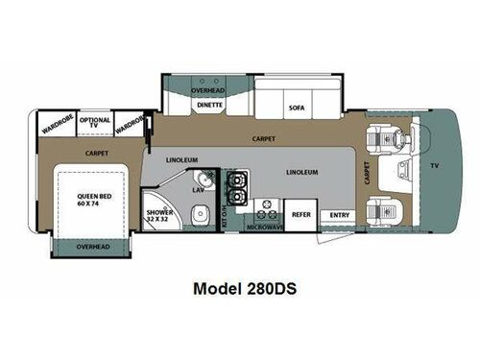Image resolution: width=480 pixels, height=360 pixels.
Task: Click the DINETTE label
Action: [209, 106]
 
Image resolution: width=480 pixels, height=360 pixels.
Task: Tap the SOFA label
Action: [295, 108]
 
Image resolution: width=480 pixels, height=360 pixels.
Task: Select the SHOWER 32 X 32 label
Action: [159, 217]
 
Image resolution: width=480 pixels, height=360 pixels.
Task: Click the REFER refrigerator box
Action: [300, 215]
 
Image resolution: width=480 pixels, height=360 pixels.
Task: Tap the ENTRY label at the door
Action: [339, 215]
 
